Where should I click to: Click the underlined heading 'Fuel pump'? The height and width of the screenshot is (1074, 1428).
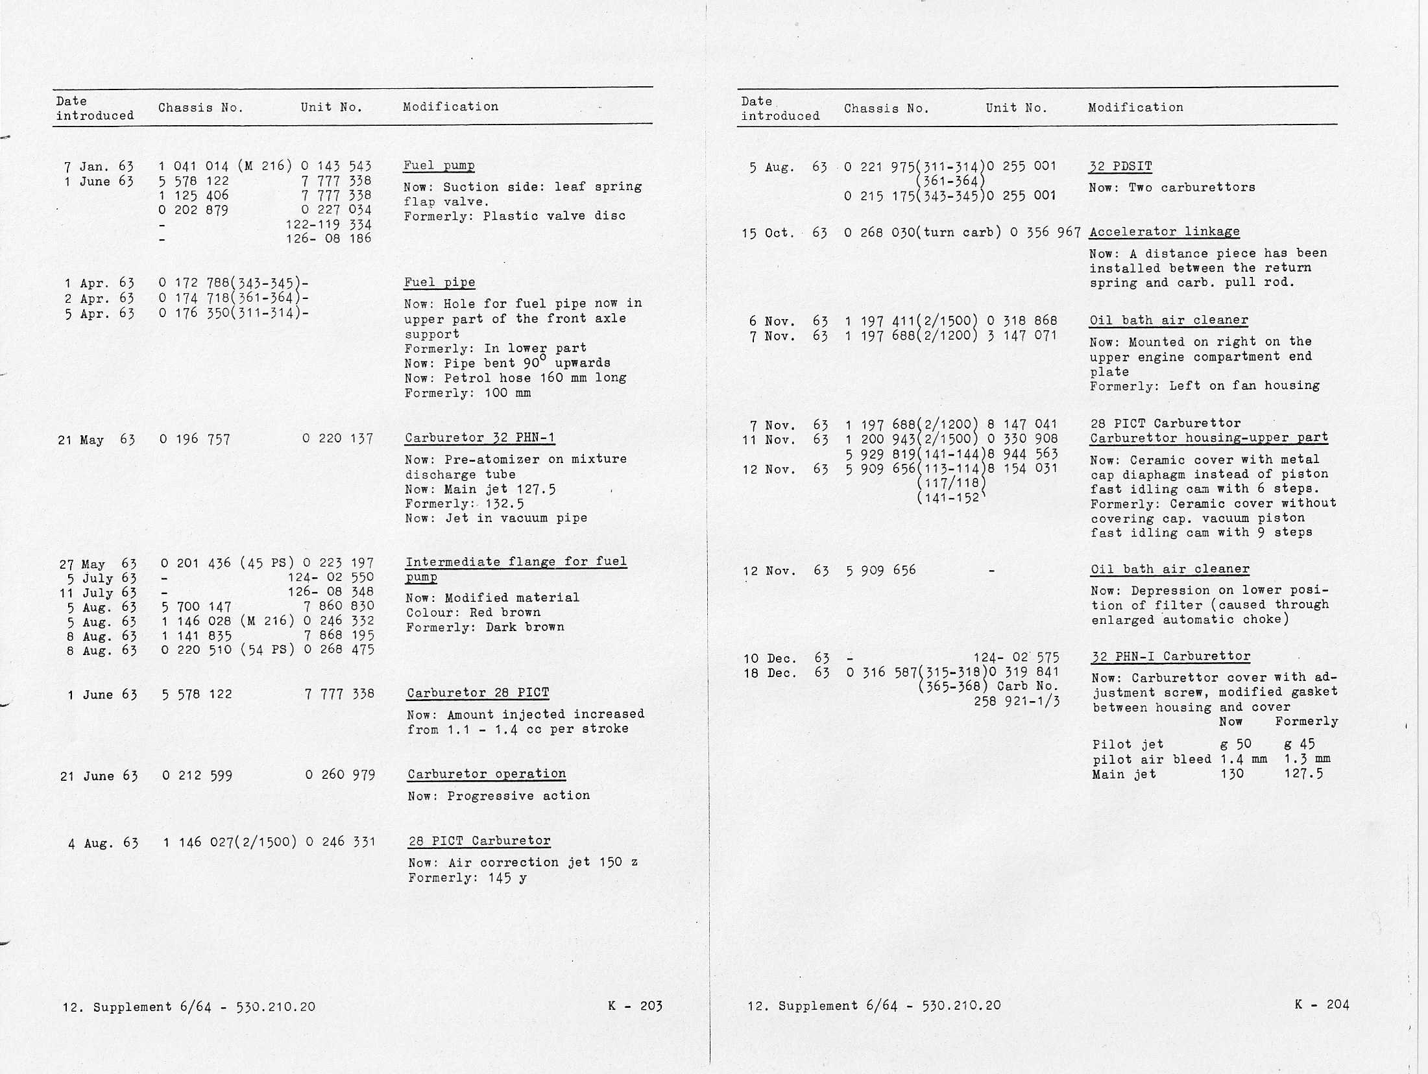coord(439,165)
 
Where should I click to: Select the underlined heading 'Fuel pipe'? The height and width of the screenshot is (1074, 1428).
coord(439,282)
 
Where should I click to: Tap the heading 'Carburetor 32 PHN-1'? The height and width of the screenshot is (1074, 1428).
coord(479,438)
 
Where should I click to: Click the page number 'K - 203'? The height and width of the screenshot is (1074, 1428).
coord(635,1006)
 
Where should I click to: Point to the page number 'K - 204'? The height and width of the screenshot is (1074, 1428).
coord(1322,1005)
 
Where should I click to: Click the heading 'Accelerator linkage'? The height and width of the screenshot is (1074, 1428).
coord(1164,232)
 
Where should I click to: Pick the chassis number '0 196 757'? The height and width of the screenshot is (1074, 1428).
coord(195,439)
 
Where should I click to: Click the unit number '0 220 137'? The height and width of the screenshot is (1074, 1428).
coord(337,438)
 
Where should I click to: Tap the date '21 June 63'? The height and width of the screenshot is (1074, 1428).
coord(99,776)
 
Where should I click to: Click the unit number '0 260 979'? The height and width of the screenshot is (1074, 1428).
coord(340,774)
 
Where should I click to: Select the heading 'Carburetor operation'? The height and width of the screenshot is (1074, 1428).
coord(487,774)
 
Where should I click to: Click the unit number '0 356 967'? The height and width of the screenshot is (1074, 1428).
coord(1045,232)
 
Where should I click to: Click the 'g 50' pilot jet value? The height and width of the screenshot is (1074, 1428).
coord(1235,744)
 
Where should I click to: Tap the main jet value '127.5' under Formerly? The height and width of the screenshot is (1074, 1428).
coord(1303,773)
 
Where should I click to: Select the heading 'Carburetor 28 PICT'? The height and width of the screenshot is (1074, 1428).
coord(478,693)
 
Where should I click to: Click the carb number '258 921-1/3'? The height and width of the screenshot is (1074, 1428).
coord(1016,701)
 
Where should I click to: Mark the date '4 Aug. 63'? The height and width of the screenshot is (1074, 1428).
coord(103,843)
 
